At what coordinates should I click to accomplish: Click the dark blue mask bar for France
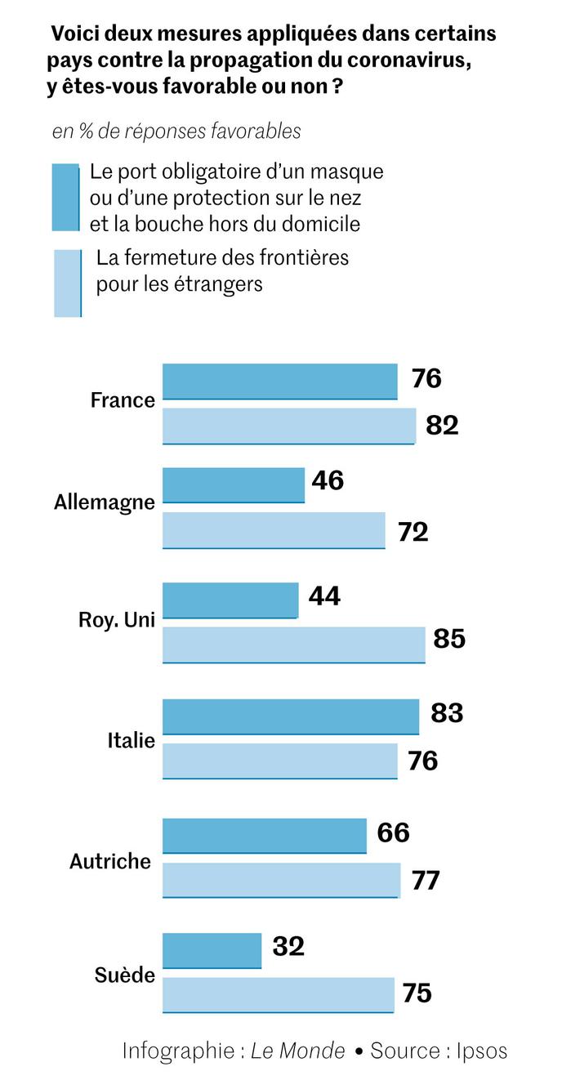279,382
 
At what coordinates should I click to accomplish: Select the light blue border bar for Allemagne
274,530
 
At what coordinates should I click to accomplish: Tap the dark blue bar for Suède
212,951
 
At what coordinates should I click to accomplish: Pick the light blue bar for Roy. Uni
293,645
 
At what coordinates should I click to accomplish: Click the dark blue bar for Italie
290,716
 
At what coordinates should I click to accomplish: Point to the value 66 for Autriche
393,832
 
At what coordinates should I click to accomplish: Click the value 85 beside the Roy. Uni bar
449,638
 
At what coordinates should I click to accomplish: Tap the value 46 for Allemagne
328,480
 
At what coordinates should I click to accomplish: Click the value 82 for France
442,425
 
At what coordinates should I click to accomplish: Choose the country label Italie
131,742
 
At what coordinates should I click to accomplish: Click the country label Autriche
110,861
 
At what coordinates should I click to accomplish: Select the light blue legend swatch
67,283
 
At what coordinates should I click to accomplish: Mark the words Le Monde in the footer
297,1051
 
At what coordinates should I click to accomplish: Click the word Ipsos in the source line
481,1051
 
